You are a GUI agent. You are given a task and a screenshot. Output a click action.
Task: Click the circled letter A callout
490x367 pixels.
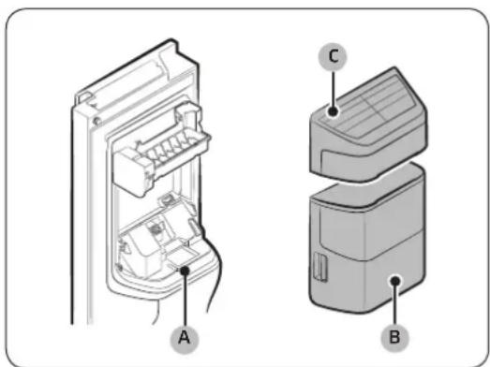tap(185, 338)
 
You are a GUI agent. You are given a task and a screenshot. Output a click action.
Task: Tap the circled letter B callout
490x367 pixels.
tap(395, 337)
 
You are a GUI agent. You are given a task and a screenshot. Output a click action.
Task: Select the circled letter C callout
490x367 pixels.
tap(334, 57)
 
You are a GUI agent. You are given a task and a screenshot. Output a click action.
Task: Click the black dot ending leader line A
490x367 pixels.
tap(186, 271)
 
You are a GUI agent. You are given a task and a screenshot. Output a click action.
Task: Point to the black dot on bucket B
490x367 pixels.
tap(395, 281)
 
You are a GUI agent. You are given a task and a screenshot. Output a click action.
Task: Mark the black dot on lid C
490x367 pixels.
tap(334, 111)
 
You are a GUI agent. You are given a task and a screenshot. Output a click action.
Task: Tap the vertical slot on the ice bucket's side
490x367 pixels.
tap(320, 268)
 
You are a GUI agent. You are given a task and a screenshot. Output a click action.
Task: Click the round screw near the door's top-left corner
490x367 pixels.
tap(97, 121)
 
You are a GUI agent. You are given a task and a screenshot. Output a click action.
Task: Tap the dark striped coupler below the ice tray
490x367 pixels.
tap(156, 230)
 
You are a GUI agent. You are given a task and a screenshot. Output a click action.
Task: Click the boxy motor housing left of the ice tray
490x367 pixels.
tap(130, 171)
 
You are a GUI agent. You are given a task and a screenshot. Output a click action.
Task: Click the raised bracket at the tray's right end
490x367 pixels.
tap(188, 115)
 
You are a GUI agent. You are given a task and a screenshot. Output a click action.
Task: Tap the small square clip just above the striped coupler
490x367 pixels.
tap(168, 199)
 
